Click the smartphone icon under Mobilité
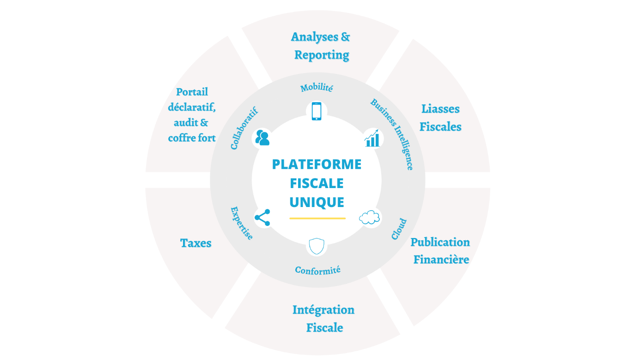coord(317,111)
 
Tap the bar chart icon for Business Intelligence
coord(372,138)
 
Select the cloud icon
coord(370,217)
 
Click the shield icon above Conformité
coord(317,246)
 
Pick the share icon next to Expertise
coord(262,218)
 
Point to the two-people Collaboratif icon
coord(262,138)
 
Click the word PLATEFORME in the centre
coord(317,164)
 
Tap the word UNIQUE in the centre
coord(317,202)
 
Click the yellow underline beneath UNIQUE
coord(317,218)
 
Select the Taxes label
coord(196,243)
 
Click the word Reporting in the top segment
coord(322,55)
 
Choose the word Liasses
coord(440,109)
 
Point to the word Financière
coord(441,260)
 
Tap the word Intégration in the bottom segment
coord(323,310)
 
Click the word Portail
coord(192,92)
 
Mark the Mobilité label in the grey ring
coord(317,87)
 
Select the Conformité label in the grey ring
coord(317,270)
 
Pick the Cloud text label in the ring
coord(399,229)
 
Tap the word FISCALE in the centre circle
coord(317,183)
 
